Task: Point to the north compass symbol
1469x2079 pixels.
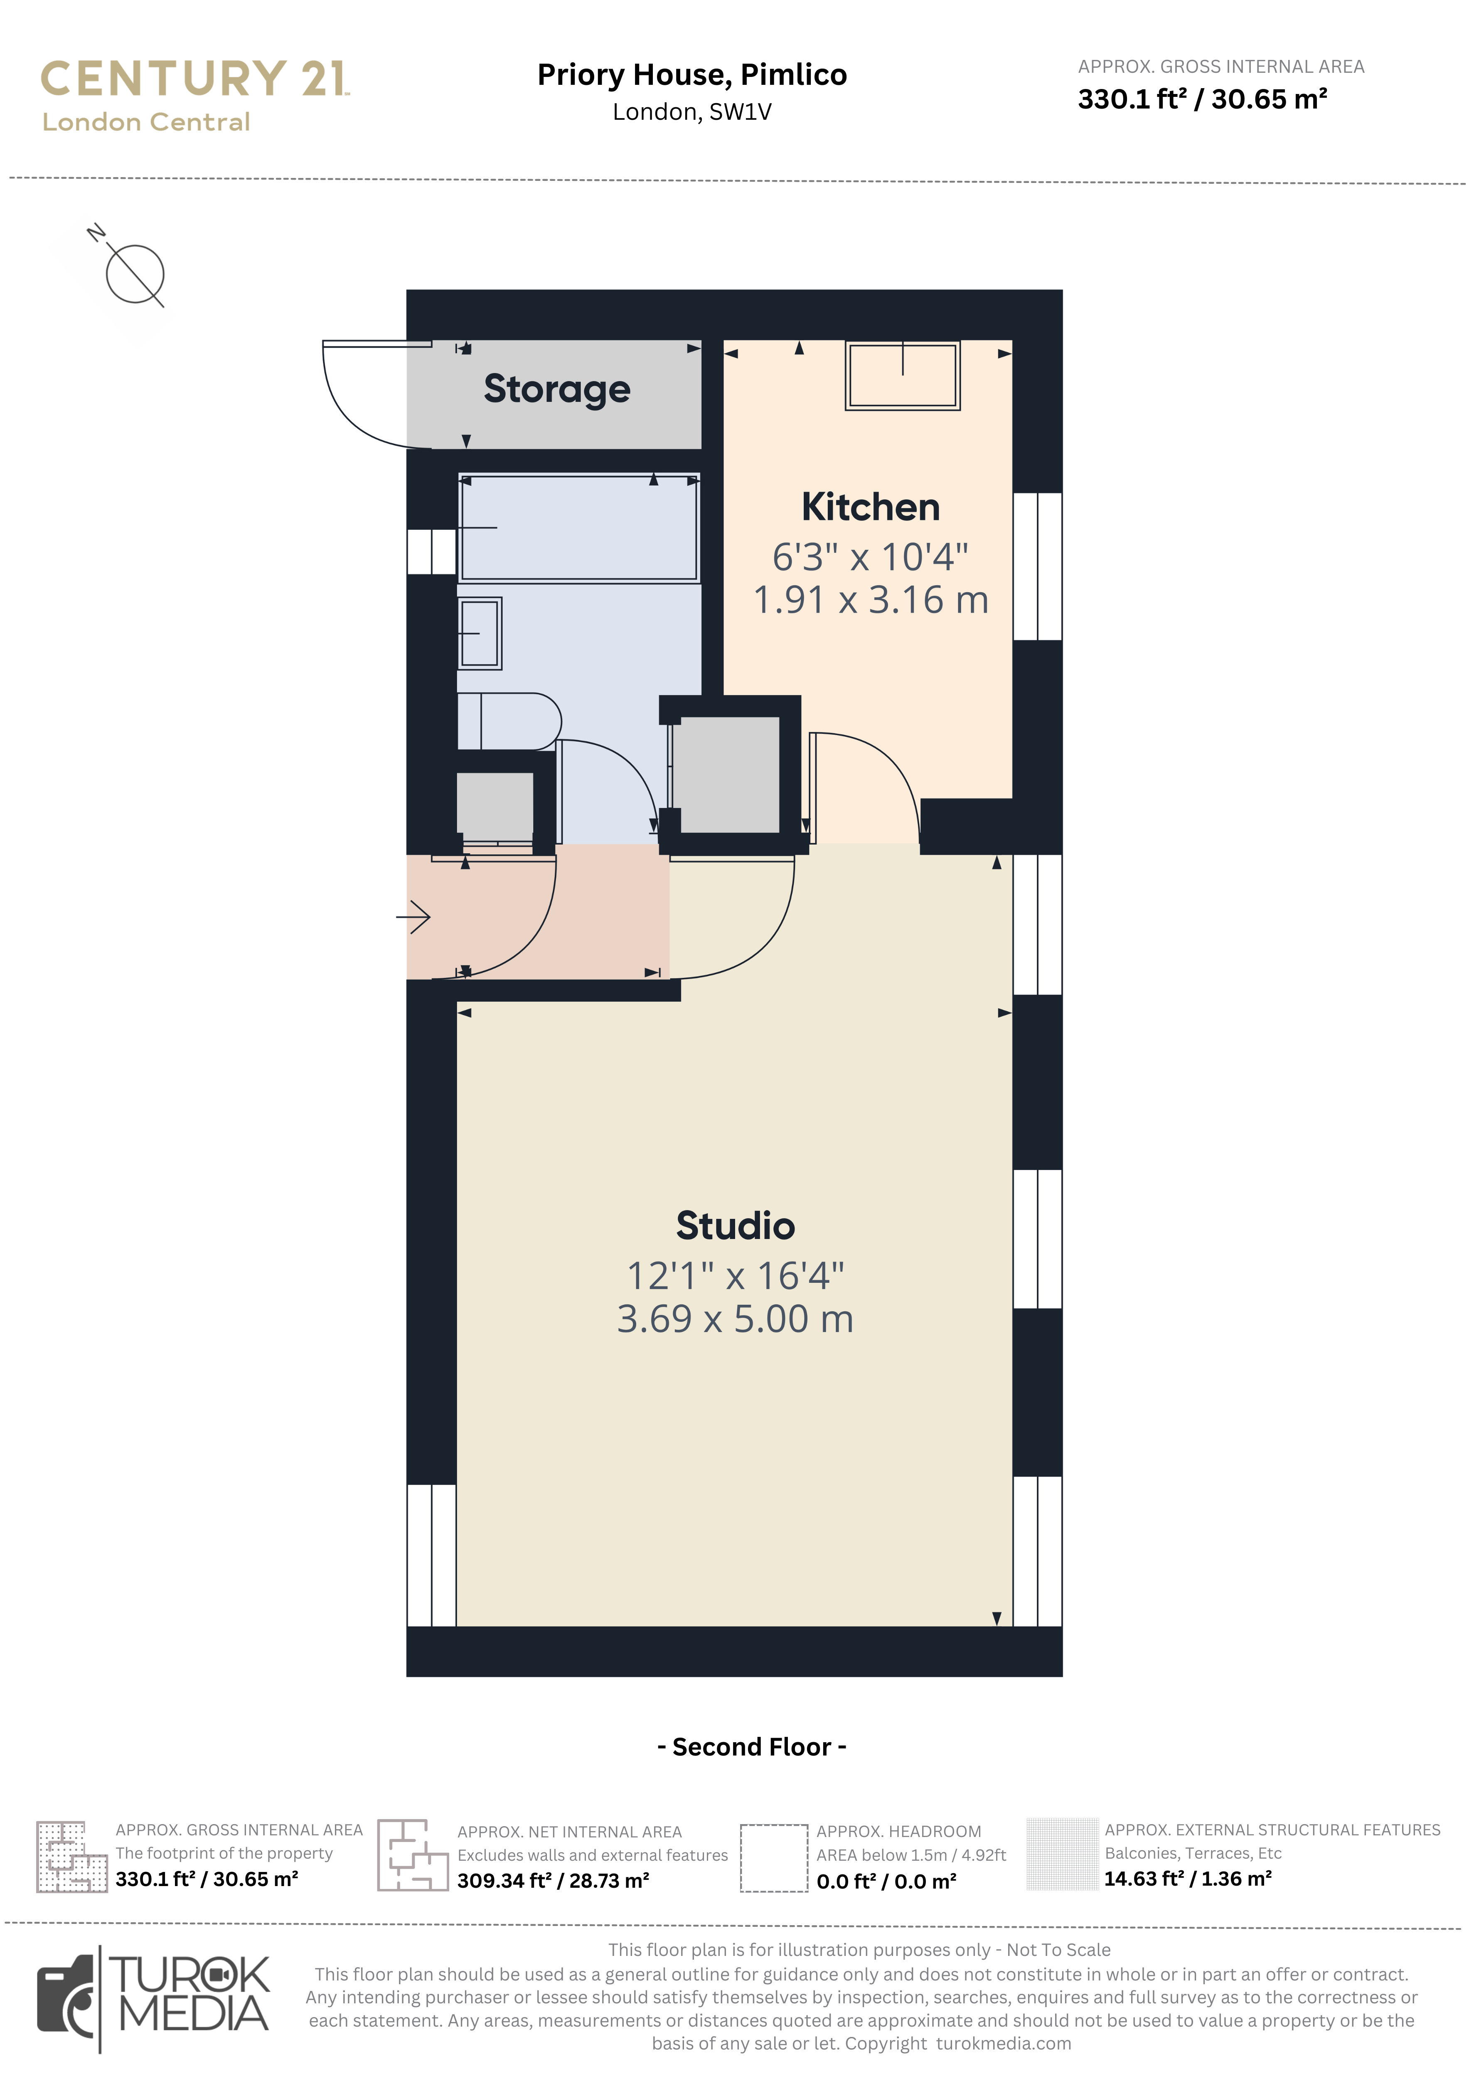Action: coord(134,274)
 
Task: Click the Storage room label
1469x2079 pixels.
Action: coord(557,389)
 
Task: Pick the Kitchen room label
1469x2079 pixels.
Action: coord(870,507)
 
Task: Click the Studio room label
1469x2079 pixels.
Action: coord(735,1226)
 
